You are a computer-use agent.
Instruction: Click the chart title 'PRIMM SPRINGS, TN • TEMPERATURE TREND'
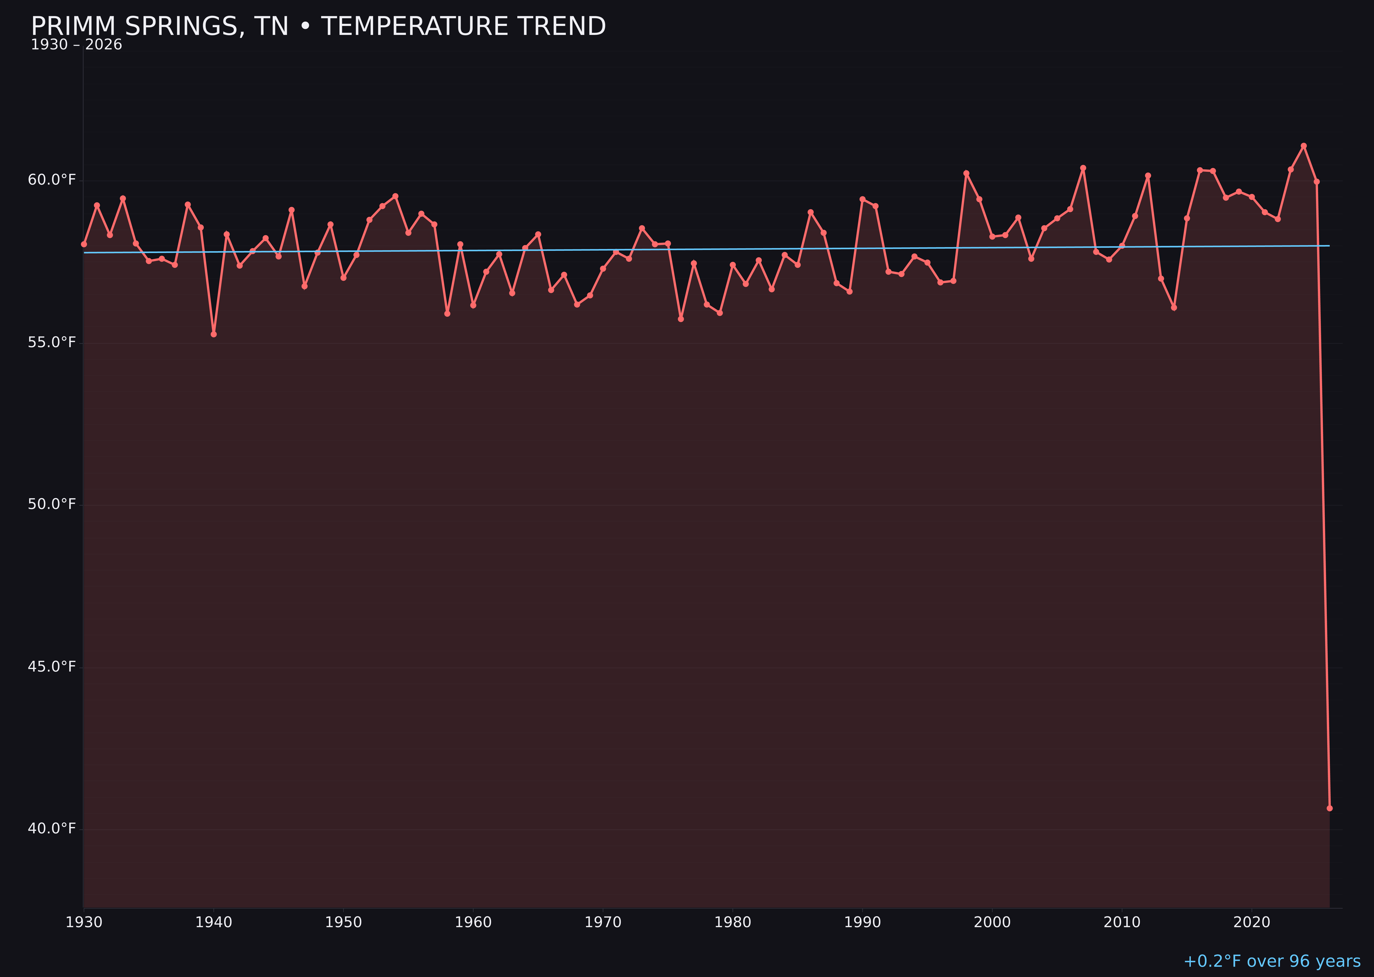[x=318, y=26]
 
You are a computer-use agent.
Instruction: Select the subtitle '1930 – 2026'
[x=76, y=45]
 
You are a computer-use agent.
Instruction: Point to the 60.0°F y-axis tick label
[x=52, y=180]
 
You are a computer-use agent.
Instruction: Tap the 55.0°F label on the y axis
[x=52, y=342]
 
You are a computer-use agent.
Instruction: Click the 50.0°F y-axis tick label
[x=52, y=504]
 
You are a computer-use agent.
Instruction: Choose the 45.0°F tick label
[x=52, y=666]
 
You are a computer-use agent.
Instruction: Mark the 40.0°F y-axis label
[x=52, y=828]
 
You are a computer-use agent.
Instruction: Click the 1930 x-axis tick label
[x=83, y=922]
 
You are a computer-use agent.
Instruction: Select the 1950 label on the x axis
[x=343, y=922]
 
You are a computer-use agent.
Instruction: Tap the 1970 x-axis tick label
[x=603, y=922]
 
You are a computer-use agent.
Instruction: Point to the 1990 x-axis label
[x=862, y=922]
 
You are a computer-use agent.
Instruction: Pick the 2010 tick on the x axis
[x=1122, y=922]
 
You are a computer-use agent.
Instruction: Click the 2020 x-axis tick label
[x=1251, y=922]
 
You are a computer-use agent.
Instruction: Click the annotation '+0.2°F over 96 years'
[x=1272, y=961]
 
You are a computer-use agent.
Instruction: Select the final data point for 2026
[x=1329, y=808]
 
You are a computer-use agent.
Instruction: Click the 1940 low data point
[x=214, y=334]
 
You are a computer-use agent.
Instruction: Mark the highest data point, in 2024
[x=1304, y=146]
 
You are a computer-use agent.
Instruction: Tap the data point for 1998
[x=966, y=173]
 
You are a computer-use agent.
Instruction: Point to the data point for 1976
[x=681, y=319]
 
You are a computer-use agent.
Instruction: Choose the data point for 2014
[x=1174, y=307]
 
